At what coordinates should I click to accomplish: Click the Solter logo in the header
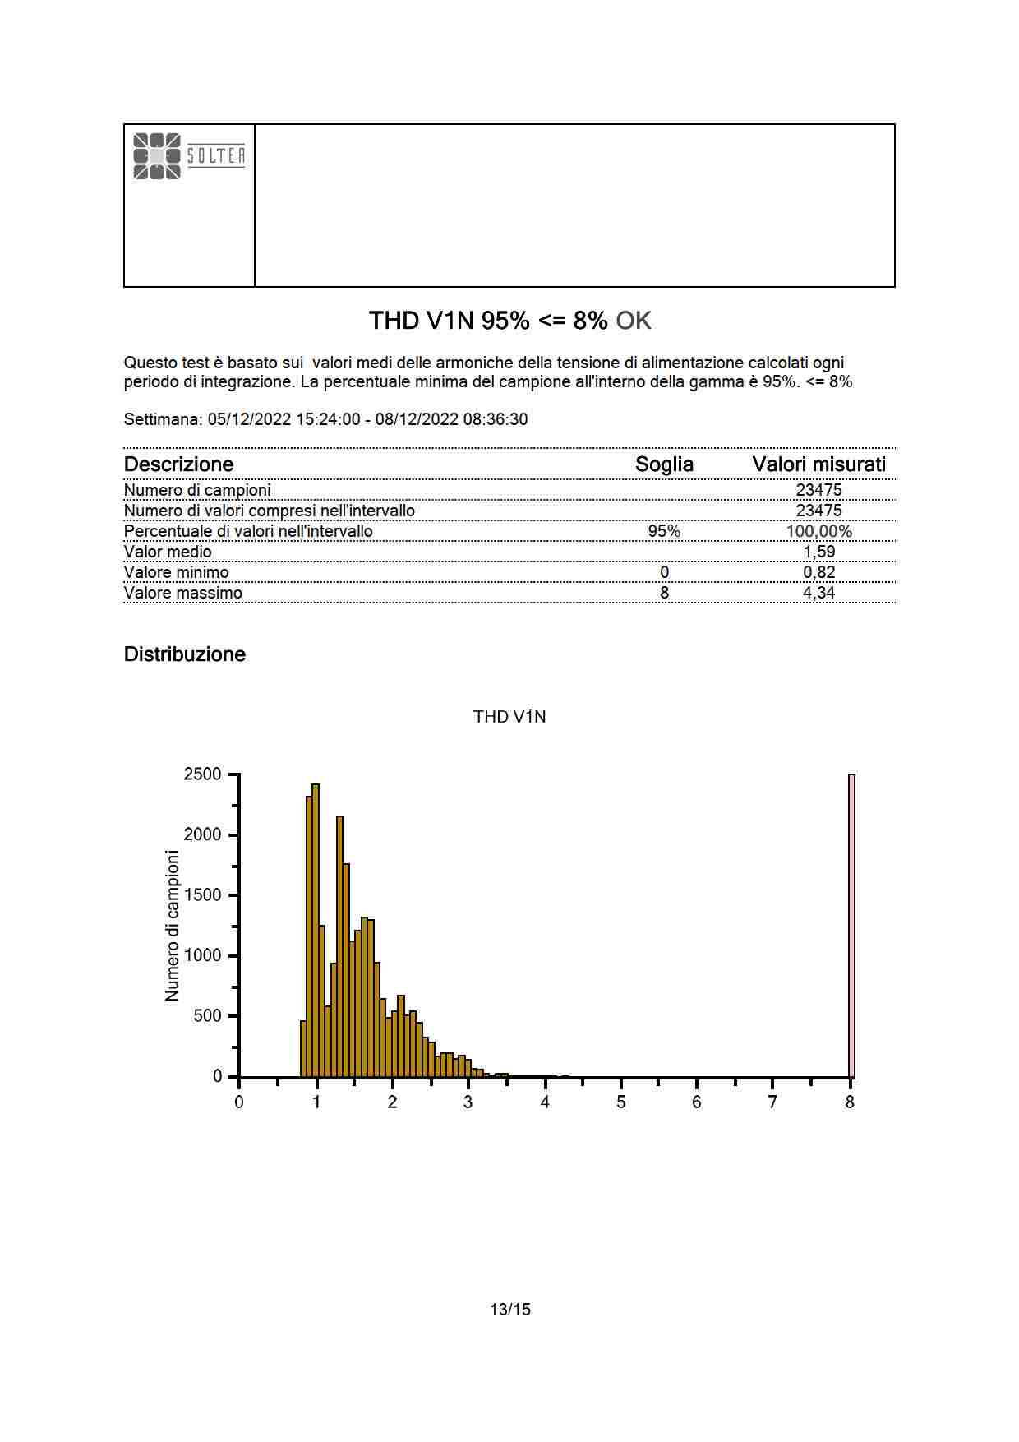click(x=189, y=155)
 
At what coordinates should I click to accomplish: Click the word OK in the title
click(x=634, y=321)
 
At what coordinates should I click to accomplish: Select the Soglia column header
click(x=664, y=464)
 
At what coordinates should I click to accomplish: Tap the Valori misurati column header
click(x=818, y=464)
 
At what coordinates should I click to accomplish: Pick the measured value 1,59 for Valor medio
click(x=818, y=552)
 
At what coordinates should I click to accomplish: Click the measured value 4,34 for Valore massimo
click(x=818, y=593)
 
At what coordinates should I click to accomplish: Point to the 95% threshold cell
click(x=664, y=531)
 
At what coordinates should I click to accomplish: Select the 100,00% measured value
click(x=818, y=531)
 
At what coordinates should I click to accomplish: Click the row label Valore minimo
click(x=177, y=572)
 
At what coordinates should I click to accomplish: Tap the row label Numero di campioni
click(x=197, y=490)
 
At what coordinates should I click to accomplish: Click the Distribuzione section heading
click(x=185, y=654)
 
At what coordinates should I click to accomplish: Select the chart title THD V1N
click(x=509, y=717)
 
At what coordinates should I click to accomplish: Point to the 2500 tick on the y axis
click(x=202, y=774)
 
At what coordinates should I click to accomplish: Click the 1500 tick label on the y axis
click(x=202, y=895)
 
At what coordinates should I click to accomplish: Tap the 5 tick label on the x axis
click(x=620, y=1102)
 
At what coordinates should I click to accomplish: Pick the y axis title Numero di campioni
click(x=172, y=926)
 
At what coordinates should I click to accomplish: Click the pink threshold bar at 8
click(x=851, y=925)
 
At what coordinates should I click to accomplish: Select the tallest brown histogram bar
click(x=316, y=929)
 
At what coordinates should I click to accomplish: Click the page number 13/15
click(x=509, y=1310)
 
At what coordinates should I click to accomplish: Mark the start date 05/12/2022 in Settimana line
click(x=249, y=419)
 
